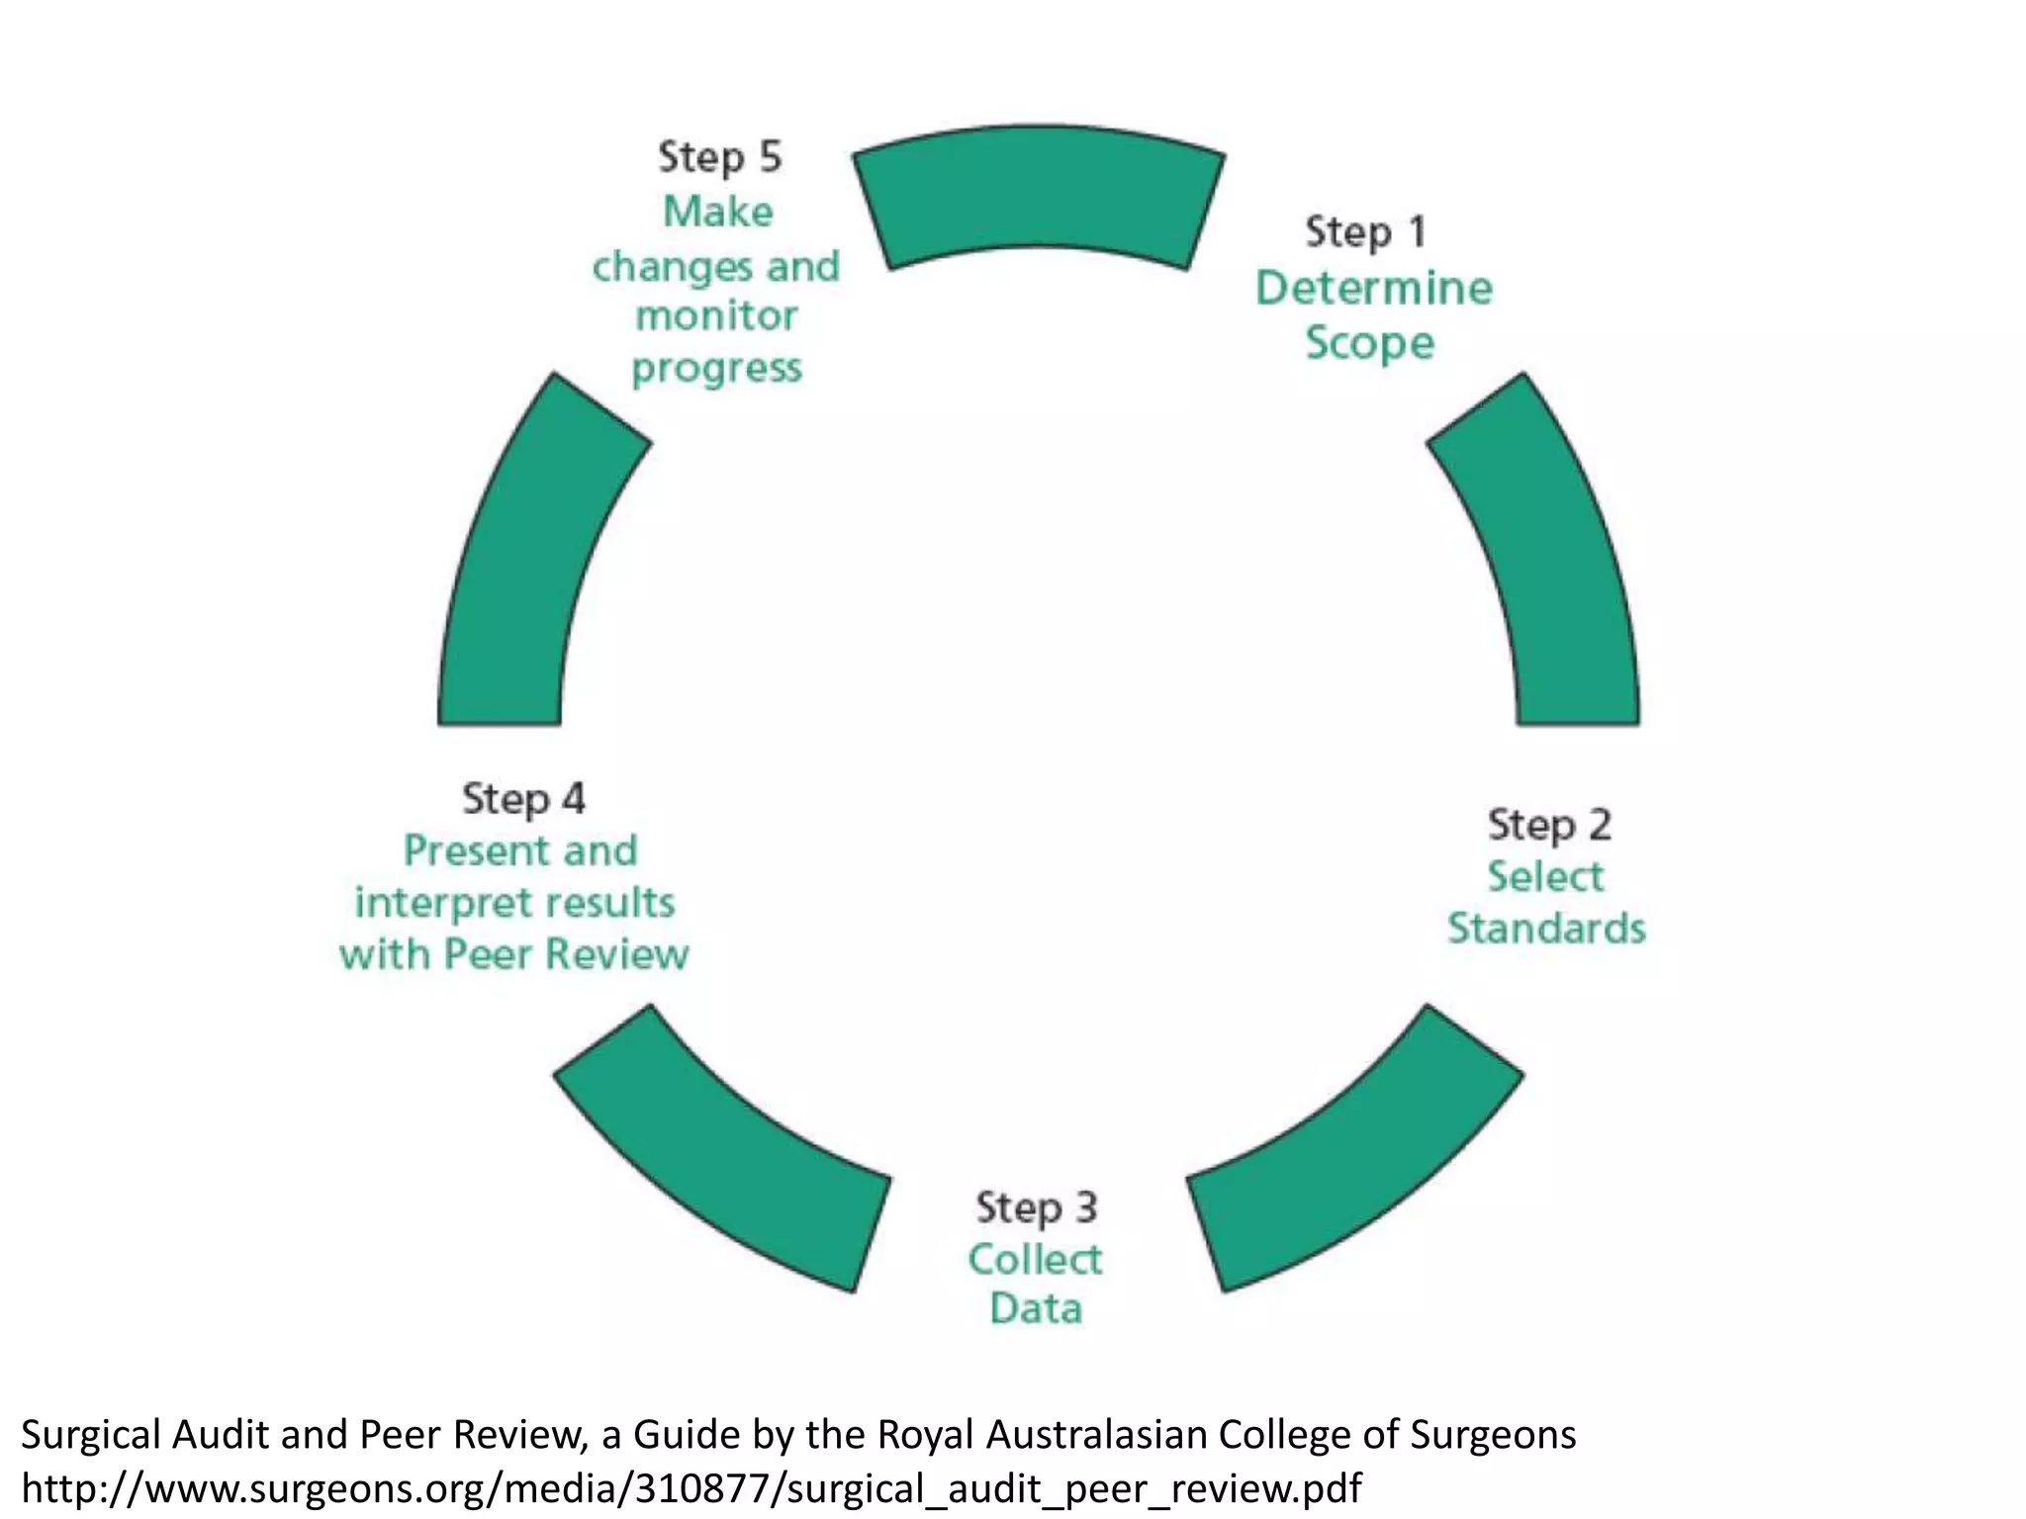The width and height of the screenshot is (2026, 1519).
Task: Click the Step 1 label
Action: (x=1365, y=233)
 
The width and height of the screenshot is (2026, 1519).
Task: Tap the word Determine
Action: (x=1373, y=289)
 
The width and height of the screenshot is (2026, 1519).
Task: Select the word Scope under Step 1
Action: (x=1369, y=344)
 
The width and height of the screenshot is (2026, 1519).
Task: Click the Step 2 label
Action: (x=1549, y=825)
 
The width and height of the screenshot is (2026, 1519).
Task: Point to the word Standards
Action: (x=1546, y=929)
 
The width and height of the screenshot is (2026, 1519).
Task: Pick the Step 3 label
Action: (x=1036, y=1207)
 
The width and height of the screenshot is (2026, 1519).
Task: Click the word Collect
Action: (x=1035, y=1260)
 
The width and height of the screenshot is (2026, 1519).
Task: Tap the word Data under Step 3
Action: (x=1036, y=1309)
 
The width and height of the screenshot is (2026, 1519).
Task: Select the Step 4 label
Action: (x=523, y=799)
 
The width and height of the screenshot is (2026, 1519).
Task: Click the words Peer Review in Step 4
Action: (x=566, y=955)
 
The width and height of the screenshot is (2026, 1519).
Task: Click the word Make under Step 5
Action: (x=717, y=213)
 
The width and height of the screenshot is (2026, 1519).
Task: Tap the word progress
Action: (x=716, y=369)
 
